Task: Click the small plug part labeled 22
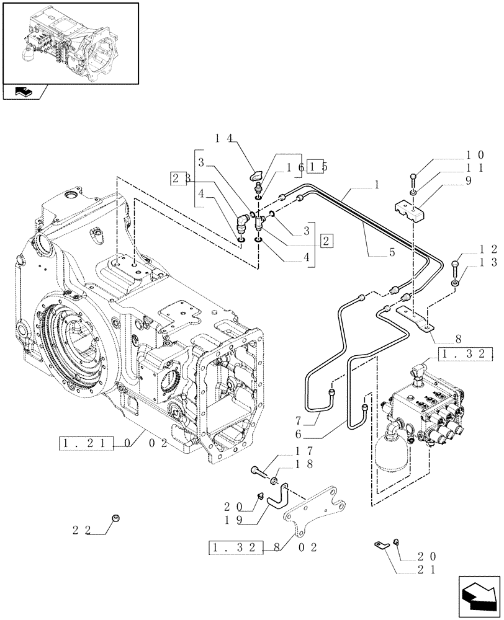(115, 518)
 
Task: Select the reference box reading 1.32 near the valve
(465, 355)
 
